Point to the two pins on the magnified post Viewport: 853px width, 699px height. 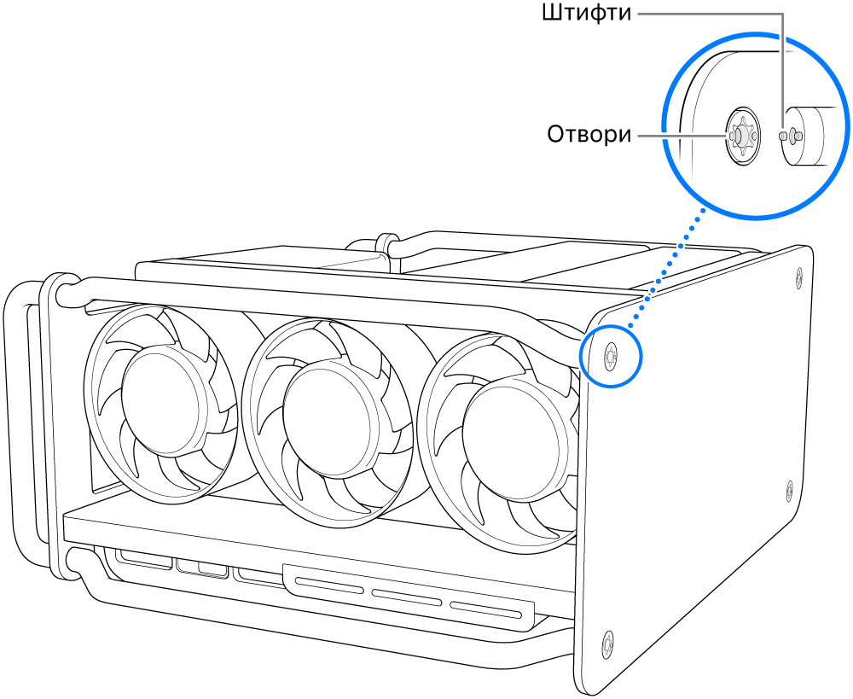(x=790, y=135)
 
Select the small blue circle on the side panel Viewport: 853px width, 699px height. (x=611, y=354)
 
